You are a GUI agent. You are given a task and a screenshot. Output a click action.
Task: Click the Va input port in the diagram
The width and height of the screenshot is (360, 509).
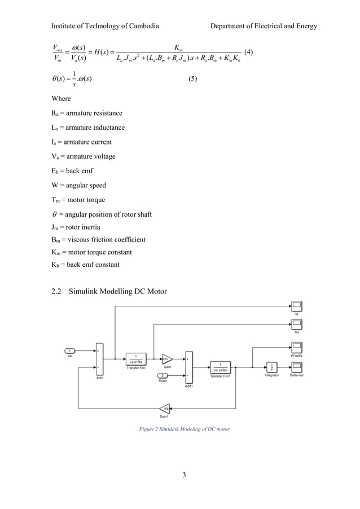(70, 351)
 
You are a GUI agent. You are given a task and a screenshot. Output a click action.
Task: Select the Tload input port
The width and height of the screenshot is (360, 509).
(162, 375)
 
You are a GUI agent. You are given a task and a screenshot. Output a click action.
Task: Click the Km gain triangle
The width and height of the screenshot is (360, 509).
(167, 358)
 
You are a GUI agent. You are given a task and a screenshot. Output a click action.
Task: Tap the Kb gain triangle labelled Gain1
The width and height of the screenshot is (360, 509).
(165, 408)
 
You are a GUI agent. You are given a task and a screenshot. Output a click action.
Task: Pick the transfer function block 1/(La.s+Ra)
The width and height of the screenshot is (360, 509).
(135, 358)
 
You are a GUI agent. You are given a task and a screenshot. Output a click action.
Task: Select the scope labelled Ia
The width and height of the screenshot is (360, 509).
(297, 306)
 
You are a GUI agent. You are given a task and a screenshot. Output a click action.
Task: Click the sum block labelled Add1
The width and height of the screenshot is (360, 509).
(188, 367)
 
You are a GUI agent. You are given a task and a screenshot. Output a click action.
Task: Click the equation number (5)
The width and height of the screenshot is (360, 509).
(192, 79)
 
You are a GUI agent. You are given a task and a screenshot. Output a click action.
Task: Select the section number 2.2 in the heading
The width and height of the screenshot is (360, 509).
(56, 291)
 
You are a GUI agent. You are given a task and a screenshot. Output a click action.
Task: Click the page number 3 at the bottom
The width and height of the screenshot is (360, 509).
(184, 474)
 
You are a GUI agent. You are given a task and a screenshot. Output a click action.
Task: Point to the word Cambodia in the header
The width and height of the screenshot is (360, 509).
(143, 26)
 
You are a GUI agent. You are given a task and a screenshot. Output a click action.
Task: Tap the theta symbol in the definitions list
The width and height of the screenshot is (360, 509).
(54, 214)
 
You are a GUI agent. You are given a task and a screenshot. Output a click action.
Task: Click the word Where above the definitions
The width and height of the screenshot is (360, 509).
(61, 98)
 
